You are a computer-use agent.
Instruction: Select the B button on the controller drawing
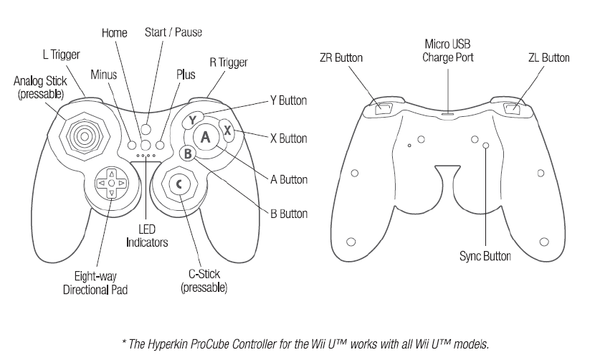pyautogui.click(x=186, y=153)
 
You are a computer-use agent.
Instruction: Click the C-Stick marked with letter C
pyautogui.click(x=179, y=185)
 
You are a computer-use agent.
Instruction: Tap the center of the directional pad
pyautogui.click(x=111, y=184)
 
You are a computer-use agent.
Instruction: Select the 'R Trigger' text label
pyautogui.click(x=228, y=62)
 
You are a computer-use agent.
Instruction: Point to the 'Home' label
pyautogui.click(x=114, y=33)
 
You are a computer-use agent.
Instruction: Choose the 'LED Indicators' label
pyautogui.click(x=147, y=237)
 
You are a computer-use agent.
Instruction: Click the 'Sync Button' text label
pyautogui.click(x=485, y=256)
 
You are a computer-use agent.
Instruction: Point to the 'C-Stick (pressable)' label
pyautogui.click(x=204, y=282)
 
